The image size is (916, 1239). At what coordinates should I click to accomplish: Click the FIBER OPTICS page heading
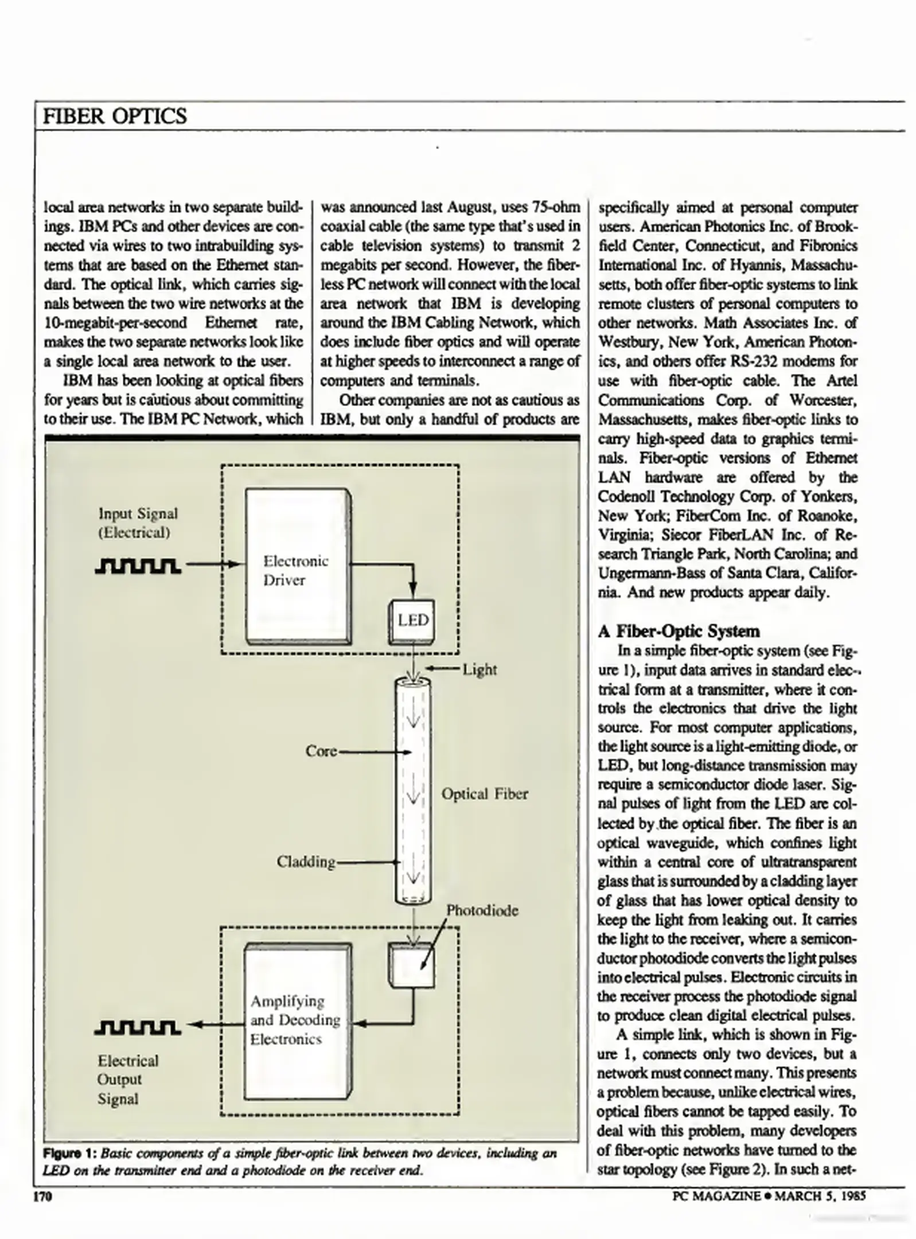115,116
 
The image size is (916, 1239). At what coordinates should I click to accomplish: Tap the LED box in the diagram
412,621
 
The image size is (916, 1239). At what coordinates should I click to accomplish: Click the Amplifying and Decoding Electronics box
296,1020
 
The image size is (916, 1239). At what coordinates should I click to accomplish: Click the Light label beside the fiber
480,669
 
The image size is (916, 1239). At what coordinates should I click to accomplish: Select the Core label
321,751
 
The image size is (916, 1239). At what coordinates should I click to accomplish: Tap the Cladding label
306,862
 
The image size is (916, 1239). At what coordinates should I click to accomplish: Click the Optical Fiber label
485,794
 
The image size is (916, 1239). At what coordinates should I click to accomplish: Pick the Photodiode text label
482,910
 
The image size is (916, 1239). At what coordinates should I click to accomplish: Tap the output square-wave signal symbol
138,1027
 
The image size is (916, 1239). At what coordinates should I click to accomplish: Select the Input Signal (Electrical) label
138,523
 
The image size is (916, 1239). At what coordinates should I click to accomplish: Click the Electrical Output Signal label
127,1079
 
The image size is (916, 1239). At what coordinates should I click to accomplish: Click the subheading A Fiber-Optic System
679,631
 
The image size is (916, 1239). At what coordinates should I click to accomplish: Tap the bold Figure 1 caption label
69,1153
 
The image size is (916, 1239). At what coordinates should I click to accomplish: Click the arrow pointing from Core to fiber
376,751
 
